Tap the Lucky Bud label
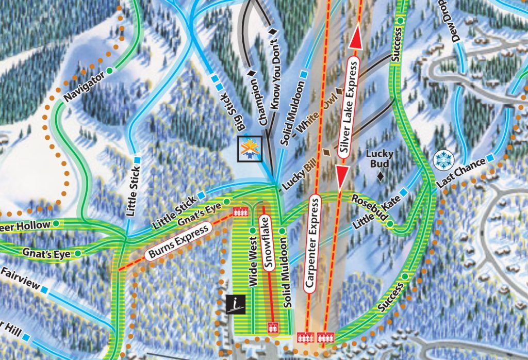coord(379,158)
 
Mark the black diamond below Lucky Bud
coord(380,176)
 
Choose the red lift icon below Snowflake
coord(272,327)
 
